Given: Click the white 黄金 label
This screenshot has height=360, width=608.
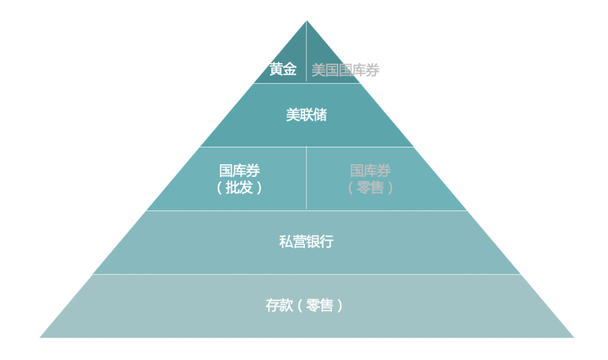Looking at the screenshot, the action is (283, 70).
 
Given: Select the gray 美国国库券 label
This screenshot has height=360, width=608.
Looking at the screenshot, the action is (345, 70).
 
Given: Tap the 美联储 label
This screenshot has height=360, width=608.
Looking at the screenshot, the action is (306, 115).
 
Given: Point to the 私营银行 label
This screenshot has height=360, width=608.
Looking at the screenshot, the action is (306, 241).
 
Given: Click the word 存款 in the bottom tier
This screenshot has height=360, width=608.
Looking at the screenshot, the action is (279, 305).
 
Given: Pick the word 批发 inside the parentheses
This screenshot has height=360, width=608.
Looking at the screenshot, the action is (239, 187).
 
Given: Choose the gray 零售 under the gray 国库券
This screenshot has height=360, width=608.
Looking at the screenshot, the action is (370, 187).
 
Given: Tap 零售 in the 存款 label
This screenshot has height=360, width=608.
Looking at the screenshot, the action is (320, 305).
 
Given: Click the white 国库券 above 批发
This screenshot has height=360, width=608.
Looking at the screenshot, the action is (239, 170).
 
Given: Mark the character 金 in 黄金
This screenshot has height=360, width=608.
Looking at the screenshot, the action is (290, 70).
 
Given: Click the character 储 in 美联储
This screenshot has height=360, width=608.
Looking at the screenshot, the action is (320, 115).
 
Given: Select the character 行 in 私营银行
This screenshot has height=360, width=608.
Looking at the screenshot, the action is (327, 241).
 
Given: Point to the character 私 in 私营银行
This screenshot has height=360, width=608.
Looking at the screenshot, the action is (286, 241).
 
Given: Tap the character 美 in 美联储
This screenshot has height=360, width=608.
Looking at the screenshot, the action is (293, 115).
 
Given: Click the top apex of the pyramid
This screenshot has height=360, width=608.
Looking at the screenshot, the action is (306, 21).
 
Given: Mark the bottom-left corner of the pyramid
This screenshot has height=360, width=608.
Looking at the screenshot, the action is (40, 337).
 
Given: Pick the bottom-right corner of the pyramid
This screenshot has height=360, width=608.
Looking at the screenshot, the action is (574, 337).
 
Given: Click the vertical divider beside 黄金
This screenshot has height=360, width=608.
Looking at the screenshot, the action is (306, 51).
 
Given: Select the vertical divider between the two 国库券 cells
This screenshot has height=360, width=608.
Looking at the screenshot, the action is (306, 178).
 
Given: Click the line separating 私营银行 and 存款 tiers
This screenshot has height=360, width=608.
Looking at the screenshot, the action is (306, 274).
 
